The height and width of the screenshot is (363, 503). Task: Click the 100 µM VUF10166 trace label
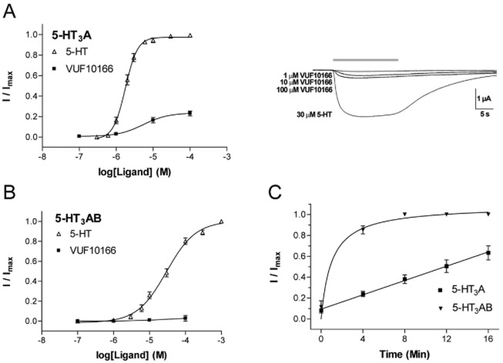point(307,90)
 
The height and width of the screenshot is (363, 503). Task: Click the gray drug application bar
point(365,59)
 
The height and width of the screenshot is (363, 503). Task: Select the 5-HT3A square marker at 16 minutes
point(486,252)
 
